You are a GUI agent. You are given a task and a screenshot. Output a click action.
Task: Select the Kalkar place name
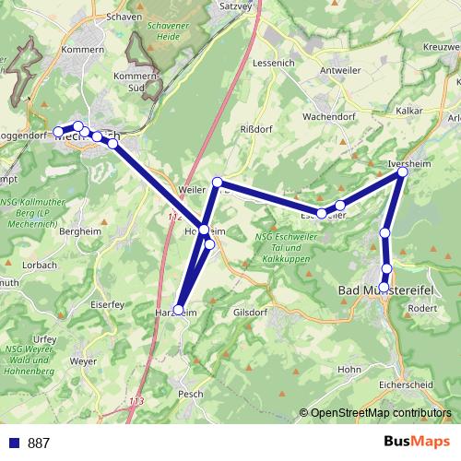coord(408,110)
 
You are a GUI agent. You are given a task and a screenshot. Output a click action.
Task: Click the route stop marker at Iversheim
coord(403,171)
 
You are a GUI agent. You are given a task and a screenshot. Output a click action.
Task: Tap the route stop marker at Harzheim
coord(179,311)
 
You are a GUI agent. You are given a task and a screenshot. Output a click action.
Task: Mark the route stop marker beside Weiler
coord(218,182)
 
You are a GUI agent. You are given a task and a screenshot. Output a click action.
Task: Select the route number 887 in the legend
coord(39,443)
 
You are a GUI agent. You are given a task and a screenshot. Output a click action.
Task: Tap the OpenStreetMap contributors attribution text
coord(381,413)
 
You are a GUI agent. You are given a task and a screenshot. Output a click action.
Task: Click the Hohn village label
coord(349,370)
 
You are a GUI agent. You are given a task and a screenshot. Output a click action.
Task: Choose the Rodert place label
coord(420,308)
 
